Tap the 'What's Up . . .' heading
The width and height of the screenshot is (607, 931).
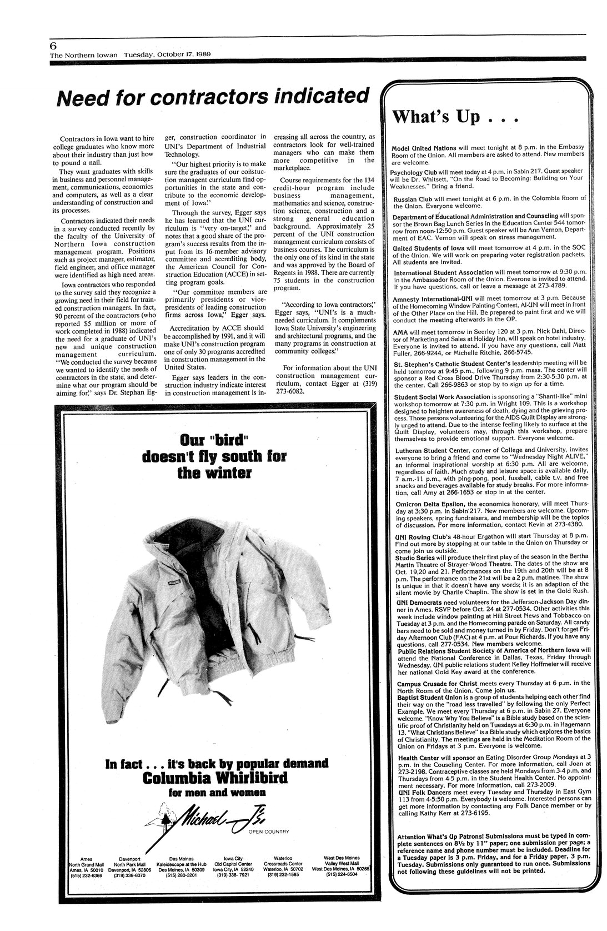click(x=455, y=117)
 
